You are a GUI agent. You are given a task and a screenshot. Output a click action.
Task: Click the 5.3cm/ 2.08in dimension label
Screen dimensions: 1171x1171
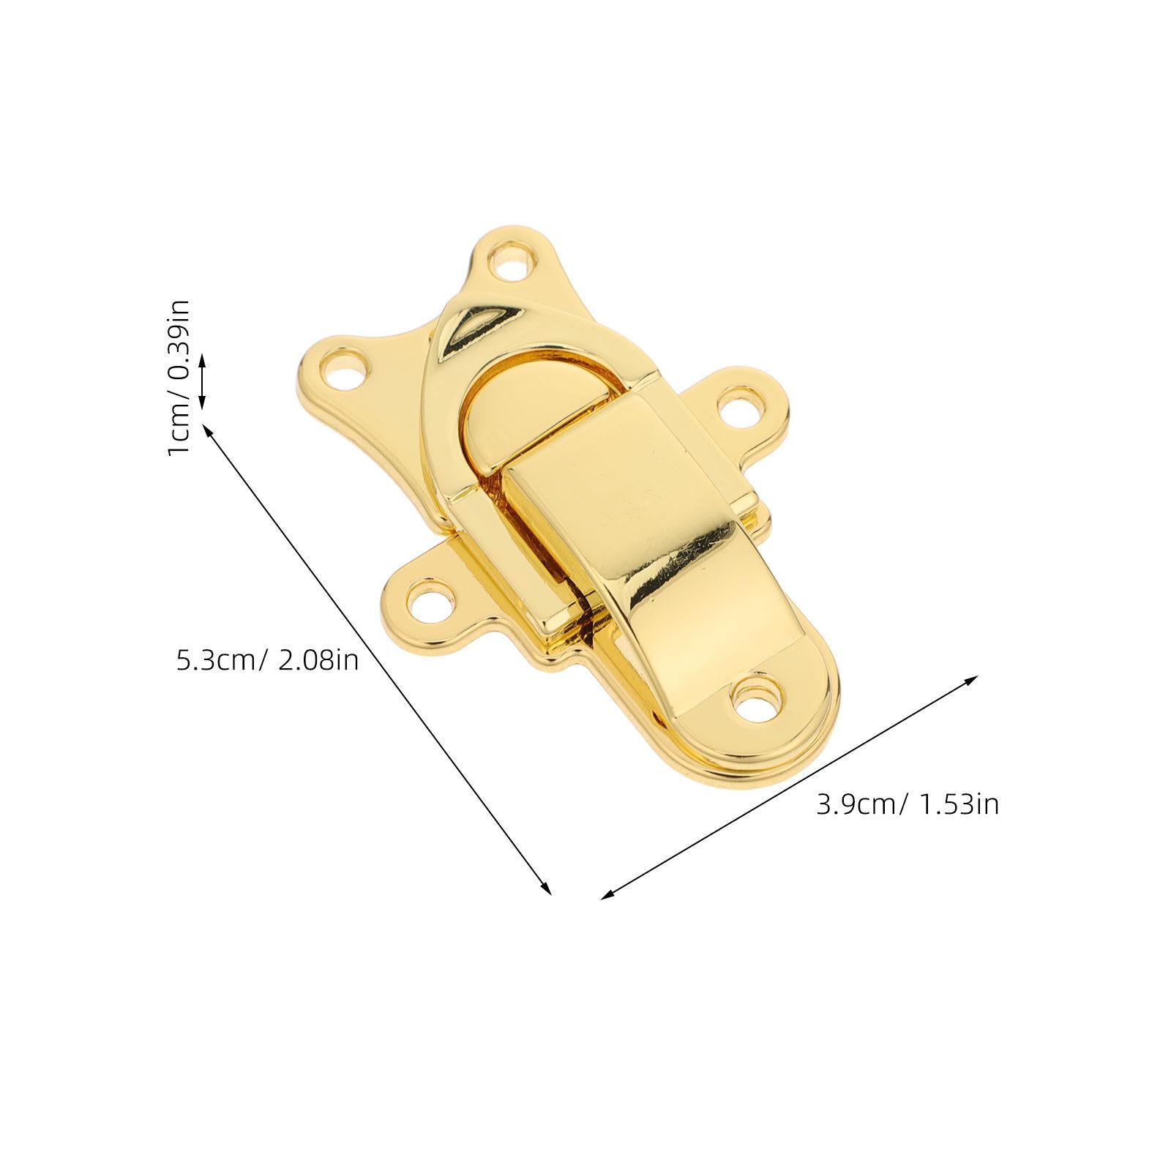266,659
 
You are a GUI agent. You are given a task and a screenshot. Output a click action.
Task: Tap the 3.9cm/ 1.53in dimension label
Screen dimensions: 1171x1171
908,804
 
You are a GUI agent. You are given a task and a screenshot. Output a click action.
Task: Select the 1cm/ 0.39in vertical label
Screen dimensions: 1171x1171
179,376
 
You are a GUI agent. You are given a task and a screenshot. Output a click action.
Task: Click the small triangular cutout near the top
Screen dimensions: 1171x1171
476,323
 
